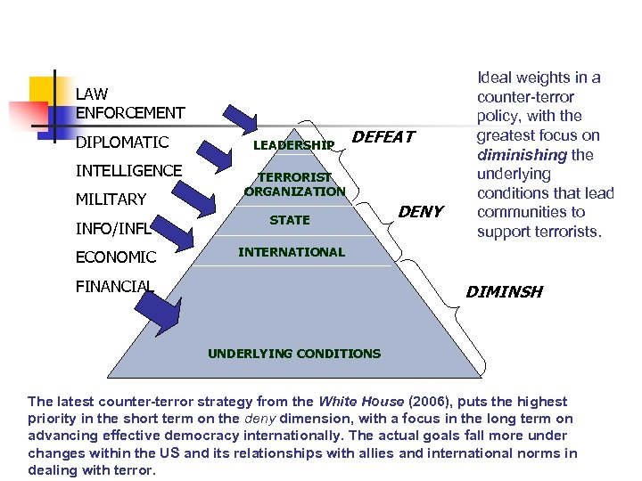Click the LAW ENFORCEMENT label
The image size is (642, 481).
point(130,102)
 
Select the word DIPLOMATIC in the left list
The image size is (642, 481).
point(122,143)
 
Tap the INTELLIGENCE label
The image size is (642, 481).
point(129,170)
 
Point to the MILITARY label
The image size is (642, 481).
point(111,199)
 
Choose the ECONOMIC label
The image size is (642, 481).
point(116,257)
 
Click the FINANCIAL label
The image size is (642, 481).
point(115,286)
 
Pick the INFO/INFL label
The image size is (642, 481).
point(111,228)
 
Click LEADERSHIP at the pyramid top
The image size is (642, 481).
point(293,144)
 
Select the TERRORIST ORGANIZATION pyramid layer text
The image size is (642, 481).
point(294,184)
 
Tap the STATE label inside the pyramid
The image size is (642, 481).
point(290,220)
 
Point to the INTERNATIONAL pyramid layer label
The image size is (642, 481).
point(291,252)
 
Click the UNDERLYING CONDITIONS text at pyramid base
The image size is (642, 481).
point(294,354)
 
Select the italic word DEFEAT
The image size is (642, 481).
point(383,137)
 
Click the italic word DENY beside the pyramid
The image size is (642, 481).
point(420,212)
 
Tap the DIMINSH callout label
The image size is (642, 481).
point(504,292)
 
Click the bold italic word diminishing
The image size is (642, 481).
point(518,154)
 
